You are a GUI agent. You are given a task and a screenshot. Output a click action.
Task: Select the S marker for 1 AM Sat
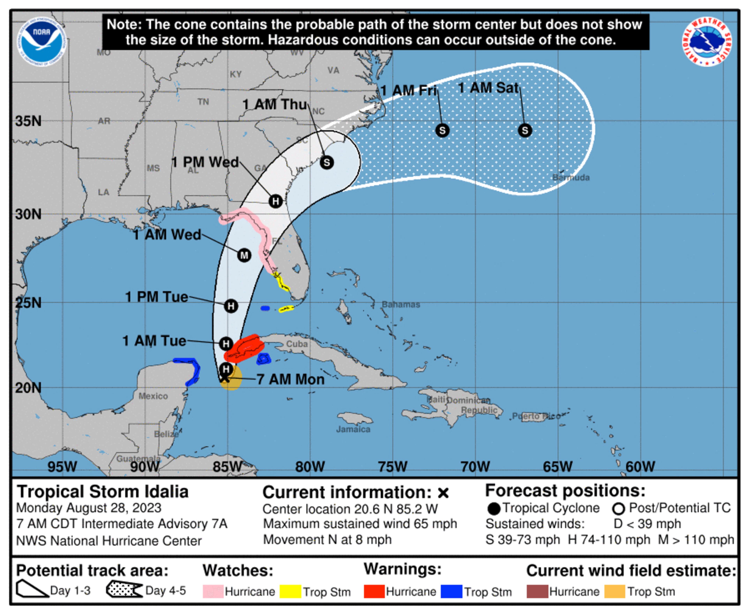click(x=525, y=131)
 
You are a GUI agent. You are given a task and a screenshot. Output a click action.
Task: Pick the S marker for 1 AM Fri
click(x=442, y=131)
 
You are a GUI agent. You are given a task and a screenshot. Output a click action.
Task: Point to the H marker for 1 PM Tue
click(x=231, y=306)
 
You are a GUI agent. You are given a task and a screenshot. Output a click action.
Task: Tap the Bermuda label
click(x=571, y=178)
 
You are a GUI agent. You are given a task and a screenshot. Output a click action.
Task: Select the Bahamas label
click(x=401, y=305)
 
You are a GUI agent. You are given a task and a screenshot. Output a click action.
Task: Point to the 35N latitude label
click(x=28, y=121)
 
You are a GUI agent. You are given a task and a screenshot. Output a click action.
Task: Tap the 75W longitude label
click(x=392, y=467)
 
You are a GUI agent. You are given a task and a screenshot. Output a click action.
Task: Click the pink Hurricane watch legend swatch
click(x=213, y=591)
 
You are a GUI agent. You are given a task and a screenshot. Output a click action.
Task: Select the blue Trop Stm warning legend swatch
click(x=451, y=591)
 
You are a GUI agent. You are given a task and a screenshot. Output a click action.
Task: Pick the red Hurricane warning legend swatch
click(x=374, y=591)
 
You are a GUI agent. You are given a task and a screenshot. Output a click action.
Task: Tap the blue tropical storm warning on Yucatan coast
click(x=193, y=370)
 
